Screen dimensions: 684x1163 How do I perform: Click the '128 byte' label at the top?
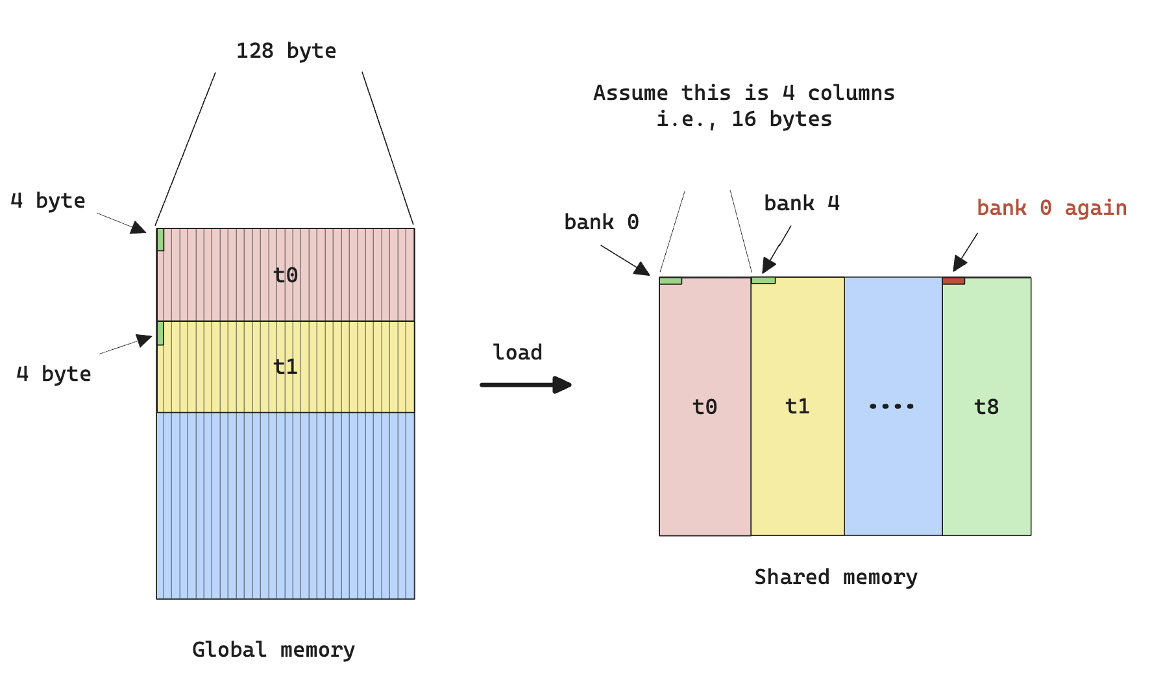(x=286, y=51)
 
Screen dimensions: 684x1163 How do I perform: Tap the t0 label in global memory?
(x=286, y=275)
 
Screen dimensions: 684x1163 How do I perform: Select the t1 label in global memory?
(x=286, y=367)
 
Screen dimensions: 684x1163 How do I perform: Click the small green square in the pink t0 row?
(x=160, y=239)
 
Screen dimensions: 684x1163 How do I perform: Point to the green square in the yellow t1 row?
(x=160, y=333)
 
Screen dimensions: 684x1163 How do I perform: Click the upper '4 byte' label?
(x=48, y=201)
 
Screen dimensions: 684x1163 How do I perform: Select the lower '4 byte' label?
(x=53, y=374)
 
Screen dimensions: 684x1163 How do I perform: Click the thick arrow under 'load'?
(x=525, y=385)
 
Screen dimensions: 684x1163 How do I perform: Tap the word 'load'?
(x=517, y=352)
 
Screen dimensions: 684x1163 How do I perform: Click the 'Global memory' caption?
(x=273, y=650)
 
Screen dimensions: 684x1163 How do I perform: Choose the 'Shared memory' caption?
(x=835, y=577)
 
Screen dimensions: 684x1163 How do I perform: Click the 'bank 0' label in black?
(x=601, y=222)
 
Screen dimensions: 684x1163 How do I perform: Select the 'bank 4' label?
(x=802, y=203)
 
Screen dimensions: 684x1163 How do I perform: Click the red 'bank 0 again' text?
(x=1051, y=208)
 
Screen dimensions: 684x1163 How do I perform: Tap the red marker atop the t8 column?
(x=953, y=281)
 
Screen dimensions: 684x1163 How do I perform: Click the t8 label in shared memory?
(x=986, y=407)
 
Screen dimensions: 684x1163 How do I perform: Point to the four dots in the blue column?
(x=891, y=406)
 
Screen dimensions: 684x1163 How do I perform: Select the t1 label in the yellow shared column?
(x=797, y=406)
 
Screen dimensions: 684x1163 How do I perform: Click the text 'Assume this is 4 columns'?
(x=744, y=93)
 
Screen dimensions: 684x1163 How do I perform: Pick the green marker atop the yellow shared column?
(x=763, y=280)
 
